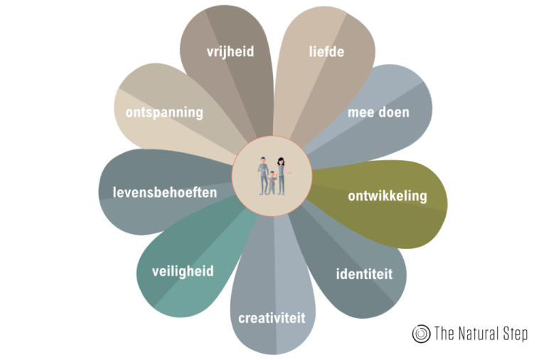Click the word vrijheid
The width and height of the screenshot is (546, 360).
230,51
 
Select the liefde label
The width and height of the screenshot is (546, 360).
326,51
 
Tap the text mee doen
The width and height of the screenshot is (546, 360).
378,112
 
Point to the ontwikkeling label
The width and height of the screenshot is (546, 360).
387,196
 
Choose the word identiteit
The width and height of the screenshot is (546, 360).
363,273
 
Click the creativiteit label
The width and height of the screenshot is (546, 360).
272,317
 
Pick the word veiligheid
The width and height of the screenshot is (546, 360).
183,271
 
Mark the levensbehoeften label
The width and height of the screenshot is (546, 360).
164,191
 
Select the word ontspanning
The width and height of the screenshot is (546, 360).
164,112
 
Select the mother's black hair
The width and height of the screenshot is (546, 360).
282,160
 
